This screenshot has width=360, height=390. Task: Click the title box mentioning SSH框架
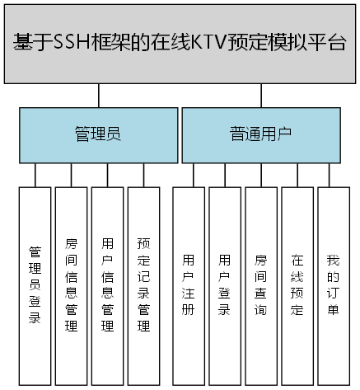(x=180, y=43)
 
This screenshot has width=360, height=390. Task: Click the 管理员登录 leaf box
(x=35, y=284)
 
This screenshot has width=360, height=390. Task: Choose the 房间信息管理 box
(x=71, y=284)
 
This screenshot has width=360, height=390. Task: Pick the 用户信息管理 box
(x=107, y=284)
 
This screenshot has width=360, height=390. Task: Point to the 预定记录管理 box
(x=143, y=284)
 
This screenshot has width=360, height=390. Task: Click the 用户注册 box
(x=188, y=284)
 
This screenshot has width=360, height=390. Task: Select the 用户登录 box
(x=224, y=284)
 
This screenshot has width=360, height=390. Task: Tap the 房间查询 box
(x=260, y=284)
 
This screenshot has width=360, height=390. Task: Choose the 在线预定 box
(x=297, y=284)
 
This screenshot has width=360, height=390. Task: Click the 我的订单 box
(x=333, y=284)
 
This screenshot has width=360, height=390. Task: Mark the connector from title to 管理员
(x=99, y=96)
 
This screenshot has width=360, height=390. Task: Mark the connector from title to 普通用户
(x=260, y=96)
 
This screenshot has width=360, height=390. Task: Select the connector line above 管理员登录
(x=35, y=175)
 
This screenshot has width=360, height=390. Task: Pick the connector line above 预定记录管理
(x=143, y=175)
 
